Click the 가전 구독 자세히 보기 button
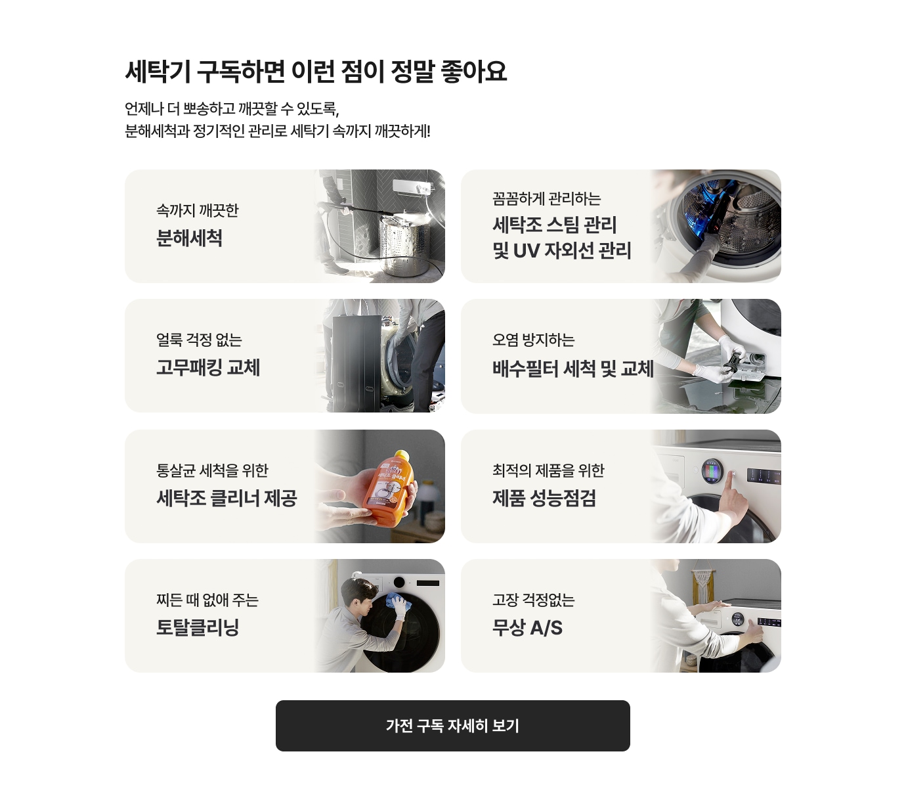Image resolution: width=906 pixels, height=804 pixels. coord(452,725)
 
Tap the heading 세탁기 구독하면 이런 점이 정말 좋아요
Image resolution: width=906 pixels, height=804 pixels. coord(316,72)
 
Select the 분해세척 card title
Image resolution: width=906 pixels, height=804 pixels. coord(189,238)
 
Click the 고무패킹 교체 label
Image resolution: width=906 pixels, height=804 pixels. coord(208,368)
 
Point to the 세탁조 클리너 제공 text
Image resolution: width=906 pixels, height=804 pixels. coord(226,498)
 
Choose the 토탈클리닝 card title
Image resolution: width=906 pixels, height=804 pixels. coord(198,627)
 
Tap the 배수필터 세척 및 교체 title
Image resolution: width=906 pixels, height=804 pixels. coord(573,368)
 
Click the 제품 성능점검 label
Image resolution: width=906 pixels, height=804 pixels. coord(544,498)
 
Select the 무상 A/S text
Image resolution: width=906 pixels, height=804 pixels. coord(527,627)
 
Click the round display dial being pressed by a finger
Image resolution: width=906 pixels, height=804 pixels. coord(712,471)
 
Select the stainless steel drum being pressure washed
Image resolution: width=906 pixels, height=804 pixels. coord(404,244)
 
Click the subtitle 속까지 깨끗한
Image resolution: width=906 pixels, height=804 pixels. coord(197,210)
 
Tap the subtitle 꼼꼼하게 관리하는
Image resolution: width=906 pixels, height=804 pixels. coord(546,198)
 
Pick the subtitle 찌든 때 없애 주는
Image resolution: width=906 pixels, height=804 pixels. coord(207,600)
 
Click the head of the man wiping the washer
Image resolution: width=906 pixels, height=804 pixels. coord(359,593)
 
